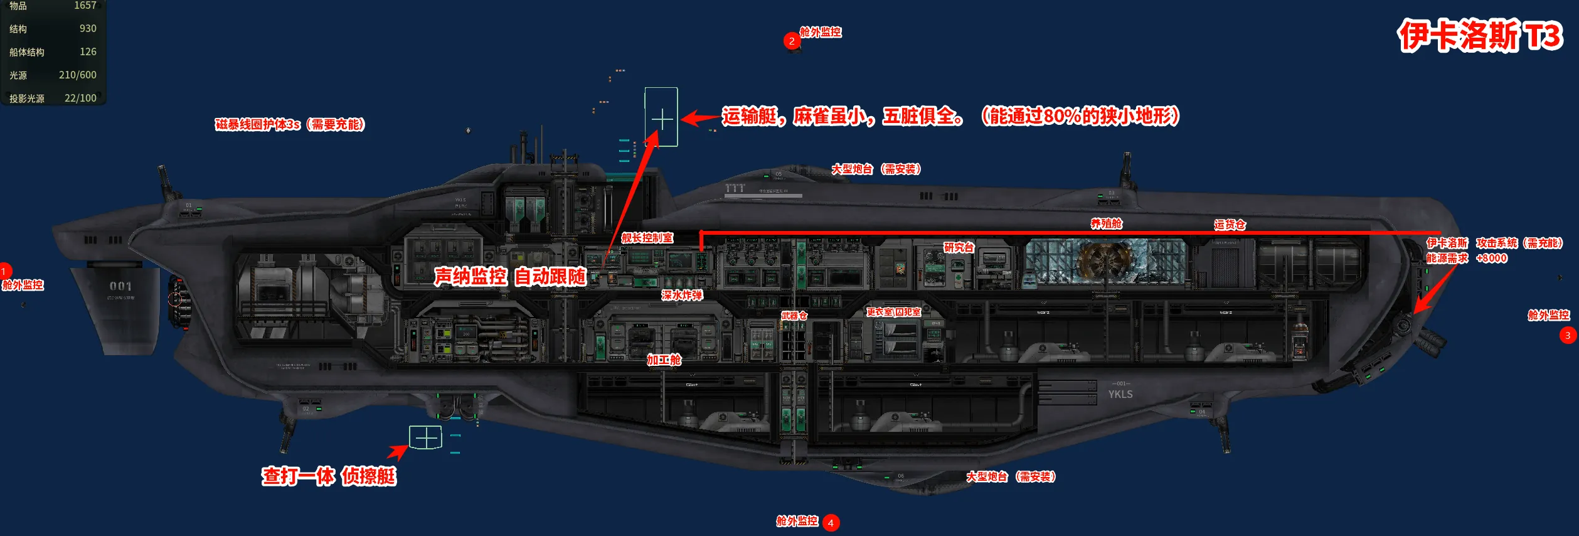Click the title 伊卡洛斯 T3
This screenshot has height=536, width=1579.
(x=1479, y=36)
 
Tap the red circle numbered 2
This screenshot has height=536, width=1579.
(x=792, y=41)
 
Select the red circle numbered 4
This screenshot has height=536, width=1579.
(x=831, y=523)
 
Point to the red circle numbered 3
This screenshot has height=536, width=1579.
(x=1568, y=335)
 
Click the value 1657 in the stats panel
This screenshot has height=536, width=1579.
(x=85, y=6)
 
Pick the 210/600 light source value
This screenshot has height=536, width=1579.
(x=78, y=75)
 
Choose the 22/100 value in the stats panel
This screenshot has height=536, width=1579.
(x=80, y=98)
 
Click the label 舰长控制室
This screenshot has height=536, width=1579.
(x=647, y=238)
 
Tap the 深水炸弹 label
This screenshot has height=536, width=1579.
(x=681, y=295)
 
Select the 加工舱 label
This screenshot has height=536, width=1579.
(x=664, y=360)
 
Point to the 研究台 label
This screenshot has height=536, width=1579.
(x=959, y=247)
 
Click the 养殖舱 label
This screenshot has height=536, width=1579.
(x=1106, y=223)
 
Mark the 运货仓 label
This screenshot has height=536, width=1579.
(x=1230, y=225)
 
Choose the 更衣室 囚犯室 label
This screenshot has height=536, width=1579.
(x=893, y=312)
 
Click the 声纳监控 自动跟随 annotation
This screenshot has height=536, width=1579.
(x=509, y=276)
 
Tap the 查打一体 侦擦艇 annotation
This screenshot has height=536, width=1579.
(x=329, y=476)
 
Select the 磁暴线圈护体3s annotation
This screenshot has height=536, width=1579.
(x=289, y=124)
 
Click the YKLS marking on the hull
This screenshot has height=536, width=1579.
(x=1120, y=394)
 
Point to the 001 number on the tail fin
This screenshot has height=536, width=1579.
(x=120, y=286)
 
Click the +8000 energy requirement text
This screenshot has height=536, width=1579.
(x=1491, y=258)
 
